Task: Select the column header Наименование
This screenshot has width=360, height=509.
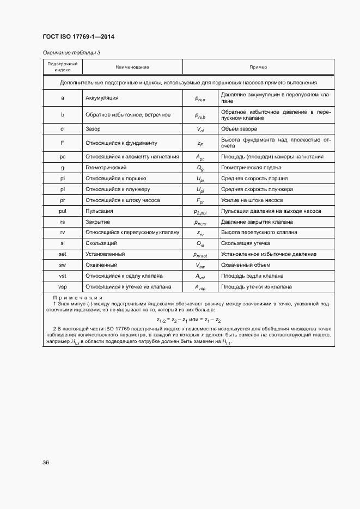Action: (x=132, y=67)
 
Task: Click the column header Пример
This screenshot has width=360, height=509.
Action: (x=258, y=67)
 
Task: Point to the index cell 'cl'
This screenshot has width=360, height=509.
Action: (x=63, y=129)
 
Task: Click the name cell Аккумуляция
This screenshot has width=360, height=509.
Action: (x=102, y=99)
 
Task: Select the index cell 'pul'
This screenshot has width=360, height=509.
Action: (x=63, y=211)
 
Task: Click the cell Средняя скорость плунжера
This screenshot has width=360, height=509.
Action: (x=257, y=189)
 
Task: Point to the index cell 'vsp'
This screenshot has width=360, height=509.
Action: (x=63, y=286)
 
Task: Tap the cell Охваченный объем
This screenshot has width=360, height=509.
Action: (x=245, y=265)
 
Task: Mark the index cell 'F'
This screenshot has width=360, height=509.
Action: (x=63, y=143)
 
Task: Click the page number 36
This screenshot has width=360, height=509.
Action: (x=46, y=462)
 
